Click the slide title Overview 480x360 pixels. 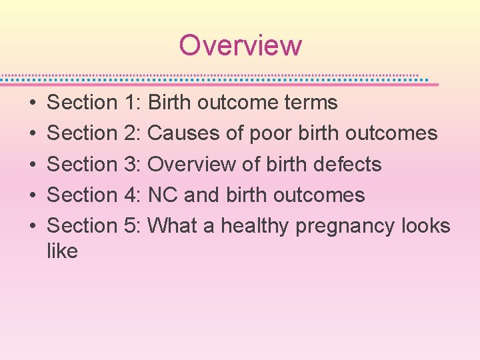coord(240,45)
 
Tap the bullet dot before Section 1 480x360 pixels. coord(33,103)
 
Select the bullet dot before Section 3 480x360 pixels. coord(33,165)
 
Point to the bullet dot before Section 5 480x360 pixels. coord(33,226)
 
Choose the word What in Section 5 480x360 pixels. coord(171,225)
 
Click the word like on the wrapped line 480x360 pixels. coord(62,251)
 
